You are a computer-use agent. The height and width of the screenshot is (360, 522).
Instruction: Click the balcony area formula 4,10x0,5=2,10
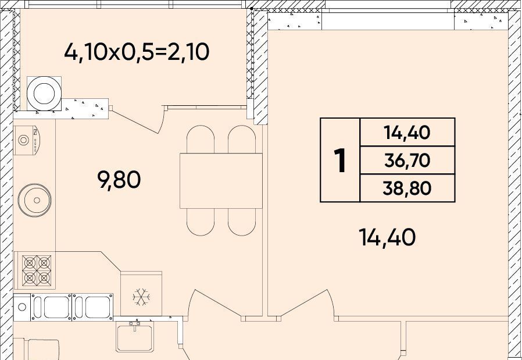[x=137, y=52]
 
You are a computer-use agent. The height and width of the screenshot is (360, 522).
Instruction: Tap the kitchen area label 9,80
[x=119, y=180]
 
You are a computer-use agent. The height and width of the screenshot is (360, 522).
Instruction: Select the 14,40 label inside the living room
[x=387, y=238]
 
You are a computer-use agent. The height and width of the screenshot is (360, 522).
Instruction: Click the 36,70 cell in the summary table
[x=407, y=161]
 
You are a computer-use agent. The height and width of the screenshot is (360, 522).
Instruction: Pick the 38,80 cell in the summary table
[x=407, y=188]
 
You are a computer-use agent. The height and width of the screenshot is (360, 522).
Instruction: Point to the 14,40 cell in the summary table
[x=407, y=133]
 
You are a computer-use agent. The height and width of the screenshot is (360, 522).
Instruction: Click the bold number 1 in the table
[x=340, y=161]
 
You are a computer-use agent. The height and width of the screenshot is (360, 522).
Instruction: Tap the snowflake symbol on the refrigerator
[x=141, y=297]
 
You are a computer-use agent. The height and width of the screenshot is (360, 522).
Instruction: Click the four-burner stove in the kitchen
[x=36, y=270]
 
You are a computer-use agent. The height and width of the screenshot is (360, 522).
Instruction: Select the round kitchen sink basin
[x=35, y=200]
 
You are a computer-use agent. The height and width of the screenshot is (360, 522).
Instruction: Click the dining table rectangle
[x=221, y=181]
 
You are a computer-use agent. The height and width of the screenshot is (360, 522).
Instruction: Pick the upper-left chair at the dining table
[x=201, y=139]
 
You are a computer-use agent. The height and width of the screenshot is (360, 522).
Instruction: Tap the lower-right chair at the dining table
[x=242, y=222]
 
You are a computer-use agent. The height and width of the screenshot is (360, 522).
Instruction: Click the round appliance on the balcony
[x=44, y=93]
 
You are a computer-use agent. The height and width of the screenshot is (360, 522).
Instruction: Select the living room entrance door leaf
[x=302, y=303]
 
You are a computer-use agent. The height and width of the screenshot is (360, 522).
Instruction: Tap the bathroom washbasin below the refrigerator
[x=134, y=336]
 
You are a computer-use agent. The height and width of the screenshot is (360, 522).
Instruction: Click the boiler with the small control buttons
[x=27, y=140]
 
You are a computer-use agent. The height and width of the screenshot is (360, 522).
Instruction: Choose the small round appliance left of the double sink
[x=22, y=306]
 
